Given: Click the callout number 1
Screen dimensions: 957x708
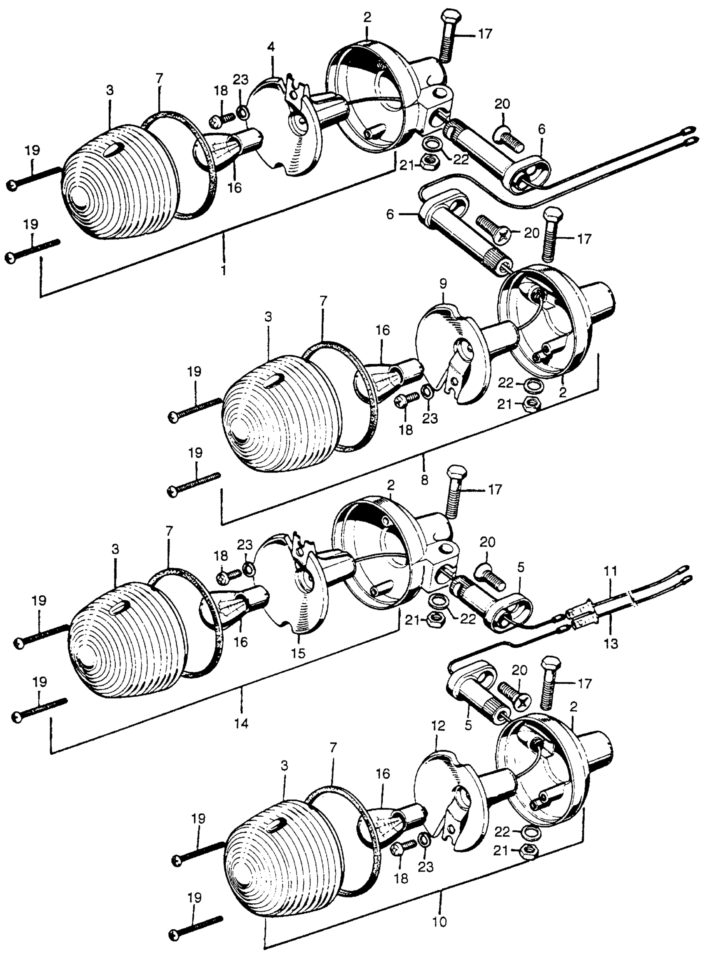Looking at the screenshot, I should tap(223, 271).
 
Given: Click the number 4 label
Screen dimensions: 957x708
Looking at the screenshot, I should tap(271, 46).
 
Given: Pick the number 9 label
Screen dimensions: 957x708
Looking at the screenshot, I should tap(443, 283).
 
